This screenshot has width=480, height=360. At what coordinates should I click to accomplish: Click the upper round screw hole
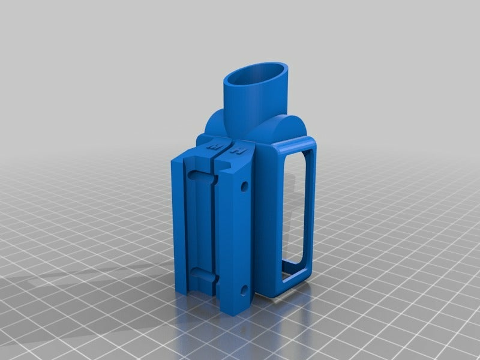pyautogui.click(x=244, y=187)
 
